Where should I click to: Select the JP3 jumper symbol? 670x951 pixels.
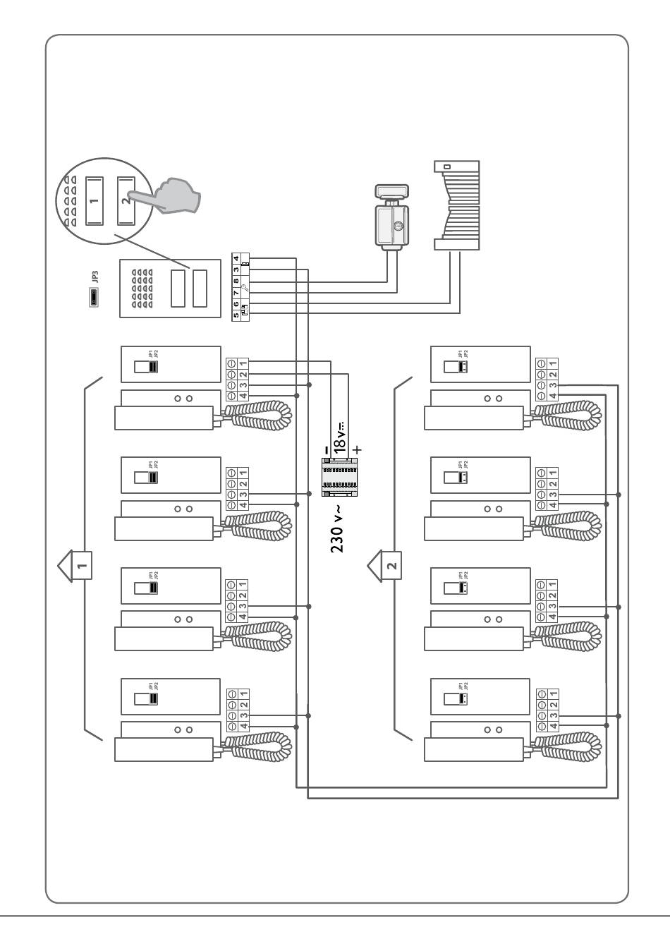(x=93, y=299)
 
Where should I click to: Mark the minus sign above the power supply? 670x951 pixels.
(x=325, y=449)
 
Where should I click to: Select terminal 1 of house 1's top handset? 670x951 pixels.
(x=242, y=363)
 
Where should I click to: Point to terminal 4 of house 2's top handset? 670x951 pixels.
(x=552, y=396)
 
